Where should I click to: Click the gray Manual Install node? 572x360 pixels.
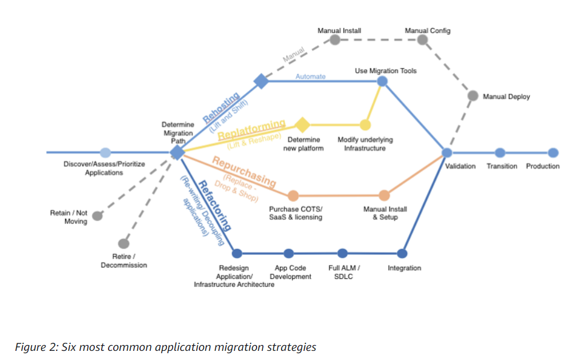click(335, 40)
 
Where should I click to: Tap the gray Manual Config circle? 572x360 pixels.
click(422, 39)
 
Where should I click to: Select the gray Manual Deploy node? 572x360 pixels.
click(473, 96)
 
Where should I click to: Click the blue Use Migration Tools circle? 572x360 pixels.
click(382, 81)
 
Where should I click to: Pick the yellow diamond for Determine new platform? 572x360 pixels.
click(302, 124)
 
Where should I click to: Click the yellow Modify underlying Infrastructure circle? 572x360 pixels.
click(365, 125)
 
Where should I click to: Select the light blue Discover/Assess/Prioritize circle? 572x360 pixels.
click(105, 153)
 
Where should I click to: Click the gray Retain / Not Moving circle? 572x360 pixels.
click(98, 216)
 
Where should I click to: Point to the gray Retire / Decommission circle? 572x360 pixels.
click(123, 244)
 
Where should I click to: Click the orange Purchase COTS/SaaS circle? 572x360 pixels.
click(293, 196)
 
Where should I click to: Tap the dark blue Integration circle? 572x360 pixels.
click(402, 253)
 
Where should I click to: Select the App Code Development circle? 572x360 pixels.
click(289, 253)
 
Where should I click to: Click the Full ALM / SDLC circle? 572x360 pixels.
click(342, 253)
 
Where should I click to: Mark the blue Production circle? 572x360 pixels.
click(553, 153)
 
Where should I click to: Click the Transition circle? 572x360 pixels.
click(500, 153)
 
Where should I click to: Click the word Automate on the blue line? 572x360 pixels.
click(310, 76)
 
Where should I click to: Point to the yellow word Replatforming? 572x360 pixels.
click(251, 129)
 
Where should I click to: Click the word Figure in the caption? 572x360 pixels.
click(27, 347)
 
